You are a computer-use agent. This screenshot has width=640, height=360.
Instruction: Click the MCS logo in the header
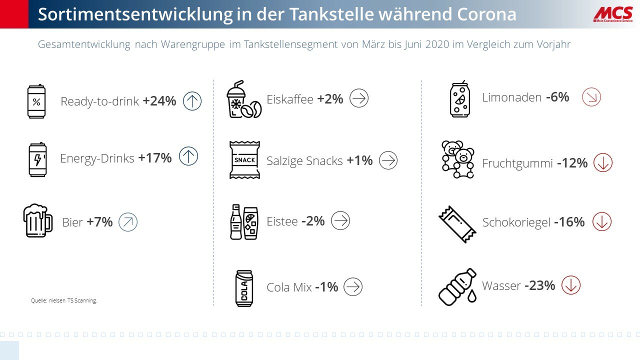[612, 14]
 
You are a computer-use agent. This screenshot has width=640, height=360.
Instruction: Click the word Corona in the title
[486, 14]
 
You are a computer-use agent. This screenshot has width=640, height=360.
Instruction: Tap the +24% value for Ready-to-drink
[159, 101]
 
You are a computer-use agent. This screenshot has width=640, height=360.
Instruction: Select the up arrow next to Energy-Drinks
[188, 156]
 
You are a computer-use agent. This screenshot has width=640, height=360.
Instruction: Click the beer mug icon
[37, 220]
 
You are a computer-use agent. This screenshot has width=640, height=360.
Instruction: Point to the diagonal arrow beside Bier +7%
[128, 222]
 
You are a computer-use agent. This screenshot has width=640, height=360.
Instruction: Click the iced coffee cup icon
[243, 99]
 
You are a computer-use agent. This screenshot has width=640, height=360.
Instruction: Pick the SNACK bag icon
[244, 160]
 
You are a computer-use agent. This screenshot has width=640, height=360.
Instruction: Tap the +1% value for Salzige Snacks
[359, 160]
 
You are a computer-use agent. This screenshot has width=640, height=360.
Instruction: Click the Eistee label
[282, 221]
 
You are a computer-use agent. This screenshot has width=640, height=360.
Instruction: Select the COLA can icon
[244, 287]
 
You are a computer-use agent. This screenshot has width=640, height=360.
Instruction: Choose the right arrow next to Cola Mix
[353, 286]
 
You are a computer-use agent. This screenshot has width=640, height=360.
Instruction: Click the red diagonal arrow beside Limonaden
[591, 97]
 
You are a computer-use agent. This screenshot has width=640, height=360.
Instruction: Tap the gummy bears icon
[457, 159]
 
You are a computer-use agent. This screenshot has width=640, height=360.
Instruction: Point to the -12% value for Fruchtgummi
[572, 163]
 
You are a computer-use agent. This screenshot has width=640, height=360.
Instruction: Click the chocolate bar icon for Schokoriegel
[457, 224]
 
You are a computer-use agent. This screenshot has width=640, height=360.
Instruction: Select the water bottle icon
[457, 286]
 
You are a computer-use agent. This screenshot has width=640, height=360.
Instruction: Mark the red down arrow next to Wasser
[570, 285]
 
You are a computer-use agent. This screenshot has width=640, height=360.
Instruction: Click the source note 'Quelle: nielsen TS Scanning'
[64, 301]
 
